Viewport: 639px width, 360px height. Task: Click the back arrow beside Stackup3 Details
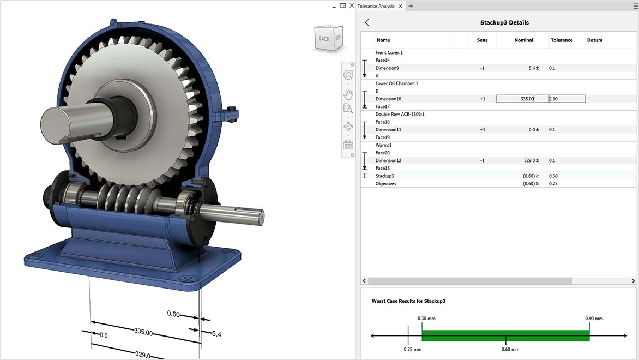pos(367,22)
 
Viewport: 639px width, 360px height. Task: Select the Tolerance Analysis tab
pos(376,6)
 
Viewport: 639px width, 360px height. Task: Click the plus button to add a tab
pos(411,6)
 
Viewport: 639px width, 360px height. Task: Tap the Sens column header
pos(482,40)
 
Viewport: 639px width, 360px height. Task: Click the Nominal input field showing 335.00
pos(515,99)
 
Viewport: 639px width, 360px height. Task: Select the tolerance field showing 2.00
pos(560,99)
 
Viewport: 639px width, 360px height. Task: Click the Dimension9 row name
pos(387,68)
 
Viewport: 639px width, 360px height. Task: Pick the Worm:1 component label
pos(383,145)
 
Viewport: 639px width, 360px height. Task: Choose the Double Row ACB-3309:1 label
pos(400,114)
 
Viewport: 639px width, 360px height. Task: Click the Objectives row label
pos(386,184)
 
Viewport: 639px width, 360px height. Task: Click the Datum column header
pos(594,40)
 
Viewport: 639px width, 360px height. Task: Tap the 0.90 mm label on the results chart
pos(594,319)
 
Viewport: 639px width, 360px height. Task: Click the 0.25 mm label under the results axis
pos(413,349)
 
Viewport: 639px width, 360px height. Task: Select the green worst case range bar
pos(505,335)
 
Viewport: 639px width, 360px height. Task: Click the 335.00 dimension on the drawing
pos(143,332)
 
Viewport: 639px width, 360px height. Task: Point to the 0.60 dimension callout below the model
pos(173,314)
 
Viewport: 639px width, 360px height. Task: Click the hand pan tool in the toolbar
pos(348,93)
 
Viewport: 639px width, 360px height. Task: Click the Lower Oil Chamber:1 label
pos(397,83)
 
